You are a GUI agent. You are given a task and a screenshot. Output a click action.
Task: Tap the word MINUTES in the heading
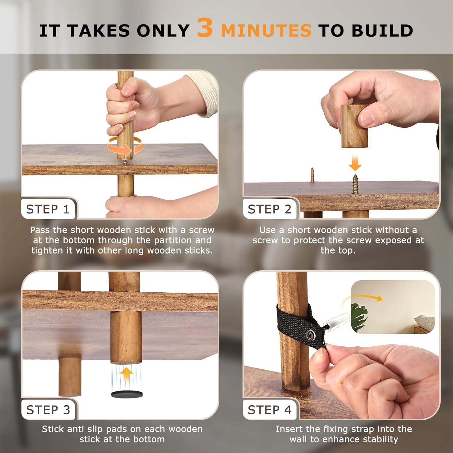266,31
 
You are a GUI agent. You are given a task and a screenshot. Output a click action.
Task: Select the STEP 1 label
48,209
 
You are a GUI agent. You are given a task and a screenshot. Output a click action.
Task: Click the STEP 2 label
269,209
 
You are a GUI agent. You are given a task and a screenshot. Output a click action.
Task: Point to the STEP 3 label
48,410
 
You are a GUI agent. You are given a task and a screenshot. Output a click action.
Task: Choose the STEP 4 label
269,410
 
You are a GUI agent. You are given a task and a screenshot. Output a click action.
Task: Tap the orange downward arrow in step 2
355,162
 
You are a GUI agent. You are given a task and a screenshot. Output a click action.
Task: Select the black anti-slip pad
127,394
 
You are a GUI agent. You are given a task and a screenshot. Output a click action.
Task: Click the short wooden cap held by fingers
355,126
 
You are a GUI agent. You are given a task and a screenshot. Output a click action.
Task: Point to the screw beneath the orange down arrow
355,184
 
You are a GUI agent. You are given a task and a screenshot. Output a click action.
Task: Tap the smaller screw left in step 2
312,175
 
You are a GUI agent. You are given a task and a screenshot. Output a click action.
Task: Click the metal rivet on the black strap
310,334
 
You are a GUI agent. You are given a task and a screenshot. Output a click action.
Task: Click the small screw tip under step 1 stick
125,162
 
